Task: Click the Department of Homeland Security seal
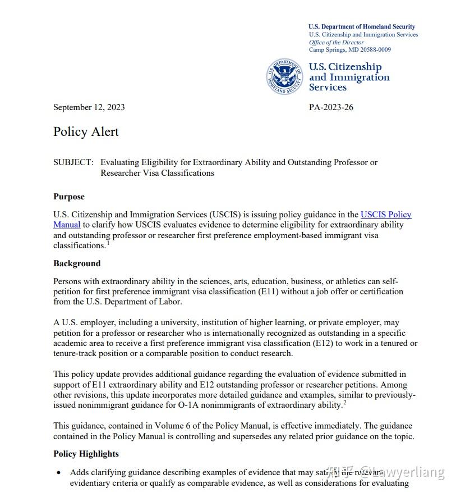point(285,76)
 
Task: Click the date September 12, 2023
point(89,107)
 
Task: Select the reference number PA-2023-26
point(331,107)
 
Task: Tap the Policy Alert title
point(86,132)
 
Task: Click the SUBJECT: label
point(73,162)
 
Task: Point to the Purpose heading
point(69,197)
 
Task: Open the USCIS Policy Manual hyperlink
point(386,215)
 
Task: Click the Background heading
point(77,263)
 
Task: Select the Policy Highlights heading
point(86,454)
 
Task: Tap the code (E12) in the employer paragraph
point(323,343)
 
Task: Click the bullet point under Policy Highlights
point(59,473)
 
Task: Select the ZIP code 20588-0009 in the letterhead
point(372,49)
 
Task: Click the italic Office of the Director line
point(337,42)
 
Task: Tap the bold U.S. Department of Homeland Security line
point(362,26)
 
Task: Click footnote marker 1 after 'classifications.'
point(108,243)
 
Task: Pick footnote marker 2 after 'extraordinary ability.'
point(345,403)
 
